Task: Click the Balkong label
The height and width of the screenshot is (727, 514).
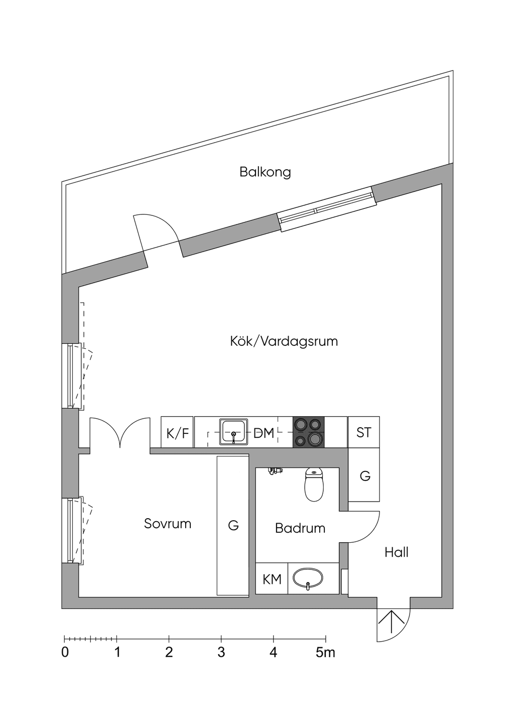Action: pyautogui.click(x=265, y=172)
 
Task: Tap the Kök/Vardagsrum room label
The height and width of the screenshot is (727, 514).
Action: pyautogui.click(x=284, y=341)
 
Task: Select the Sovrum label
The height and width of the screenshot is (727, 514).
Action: pyautogui.click(x=168, y=524)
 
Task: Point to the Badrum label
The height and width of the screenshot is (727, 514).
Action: pyautogui.click(x=300, y=528)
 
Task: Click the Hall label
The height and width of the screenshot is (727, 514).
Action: pyautogui.click(x=396, y=552)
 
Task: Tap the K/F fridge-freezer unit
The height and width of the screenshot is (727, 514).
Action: pyautogui.click(x=178, y=432)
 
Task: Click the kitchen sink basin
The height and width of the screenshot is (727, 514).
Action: pyautogui.click(x=234, y=432)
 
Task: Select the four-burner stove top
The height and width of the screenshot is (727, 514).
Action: pyautogui.click(x=308, y=432)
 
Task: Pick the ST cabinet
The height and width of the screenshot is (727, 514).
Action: pyautogui.click(x=363, y=432)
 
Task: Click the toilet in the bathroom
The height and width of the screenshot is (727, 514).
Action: pyautogui.click(x=314, y=484)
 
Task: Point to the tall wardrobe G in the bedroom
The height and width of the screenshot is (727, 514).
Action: pyautogui.click(x=233, y=526)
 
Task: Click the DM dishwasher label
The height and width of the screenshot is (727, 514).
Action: pyautogui.click(x=264, y=433)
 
